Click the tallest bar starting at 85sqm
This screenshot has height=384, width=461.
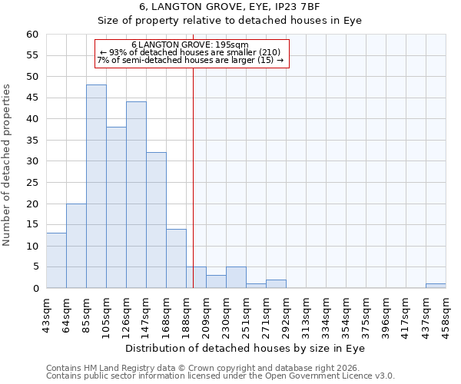[96, 187]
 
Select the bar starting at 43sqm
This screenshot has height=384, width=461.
[56, 260]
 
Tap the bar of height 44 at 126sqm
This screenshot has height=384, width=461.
[136, 195]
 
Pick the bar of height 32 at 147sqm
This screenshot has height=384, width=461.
[156, 220]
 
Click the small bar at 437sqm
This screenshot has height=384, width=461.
[436, 286]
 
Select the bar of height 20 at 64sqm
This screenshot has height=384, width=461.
[76, 246]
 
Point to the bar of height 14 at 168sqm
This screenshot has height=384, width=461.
[176, 259]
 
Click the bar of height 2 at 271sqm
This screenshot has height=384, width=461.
[276, 284]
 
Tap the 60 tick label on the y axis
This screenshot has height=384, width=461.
[32, 35]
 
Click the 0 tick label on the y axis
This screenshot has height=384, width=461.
[35, 289]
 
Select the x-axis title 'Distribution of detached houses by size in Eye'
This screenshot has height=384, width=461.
[245, 348]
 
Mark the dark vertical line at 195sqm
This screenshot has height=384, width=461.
[193, 177]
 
